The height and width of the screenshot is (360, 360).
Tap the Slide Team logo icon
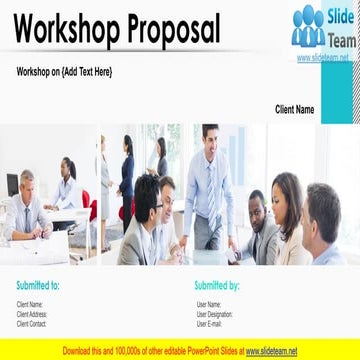click(x=308, y=26)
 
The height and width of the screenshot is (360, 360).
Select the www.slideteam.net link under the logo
click(x=323, y=58)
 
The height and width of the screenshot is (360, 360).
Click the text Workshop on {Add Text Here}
click(x=65, y=72)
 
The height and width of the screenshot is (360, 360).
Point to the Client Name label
click(x=294, y=109)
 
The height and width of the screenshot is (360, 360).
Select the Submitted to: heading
click(x=38, y=285)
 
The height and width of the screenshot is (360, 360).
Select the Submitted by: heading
click(x=217, y=285)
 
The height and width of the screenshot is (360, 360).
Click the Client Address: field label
click(x=32, y=314)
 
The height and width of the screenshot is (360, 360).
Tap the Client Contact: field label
click(x=32, y=323)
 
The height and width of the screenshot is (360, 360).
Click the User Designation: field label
click(x=215, y=314)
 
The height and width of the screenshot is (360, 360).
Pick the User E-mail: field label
click(x=209, y=323)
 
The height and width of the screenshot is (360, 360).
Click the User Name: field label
click(x=208, y=304)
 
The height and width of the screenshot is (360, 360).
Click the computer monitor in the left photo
click(x=12, y=185)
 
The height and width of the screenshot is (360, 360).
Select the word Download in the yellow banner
click(x=80, y=351)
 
